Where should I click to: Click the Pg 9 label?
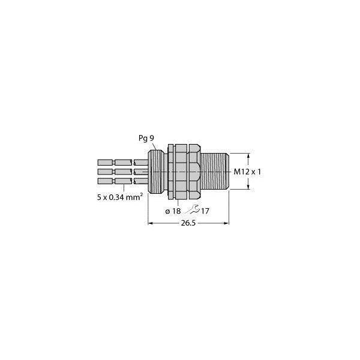pyautogui.click(x=146, y=138)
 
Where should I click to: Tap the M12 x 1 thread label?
pyautogui.click(x=247, y=172)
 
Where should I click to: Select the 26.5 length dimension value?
pyautogui.click(x=188, y=223)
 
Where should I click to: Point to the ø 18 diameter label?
pyautogui.click(x=173, y=211)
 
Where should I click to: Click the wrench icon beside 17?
pyautogui.click(x=193, y=209)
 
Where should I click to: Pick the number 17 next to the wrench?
pyautogui.click(x=205, y=211)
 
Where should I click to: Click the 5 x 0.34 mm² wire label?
pyautogui.click(x=120, y=197)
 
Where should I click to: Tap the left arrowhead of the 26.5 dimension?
pyautogui.click(x=151, y=223)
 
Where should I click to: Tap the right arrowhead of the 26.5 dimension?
pyautogui.click(x=226, y=223)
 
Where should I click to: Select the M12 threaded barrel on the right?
pyautogui.click(x=215, y=171)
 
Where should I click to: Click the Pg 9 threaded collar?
pyautogui.click(x=156, y=171)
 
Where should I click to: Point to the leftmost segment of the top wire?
pyautogui.click(x=106, y=163)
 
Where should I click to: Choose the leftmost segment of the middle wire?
pyautogui.click(x=106, y=172)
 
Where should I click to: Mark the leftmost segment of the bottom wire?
pyautogui.click(x=106, y=181)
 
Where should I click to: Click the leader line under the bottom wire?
pyautogui.click(x=124, y=188)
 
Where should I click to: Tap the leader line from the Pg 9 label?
pyautogui.click(x=155, y=146)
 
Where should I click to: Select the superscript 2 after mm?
pyautogui.click(x=142, y=194)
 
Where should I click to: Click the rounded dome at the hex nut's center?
pyautogui.click(x=194, y=172)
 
